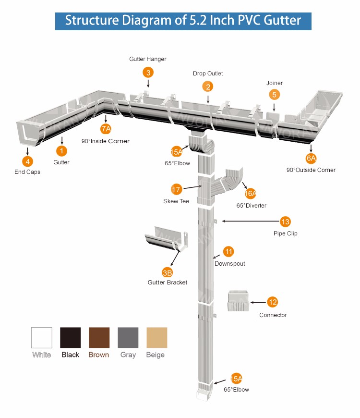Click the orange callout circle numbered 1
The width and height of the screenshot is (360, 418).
point(62,150)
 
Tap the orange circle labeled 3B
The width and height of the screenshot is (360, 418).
point(168,273)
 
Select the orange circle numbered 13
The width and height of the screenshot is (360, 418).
point(286,221)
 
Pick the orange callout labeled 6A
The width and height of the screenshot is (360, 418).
point(312,158)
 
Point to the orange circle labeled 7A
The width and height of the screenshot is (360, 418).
point(106,129)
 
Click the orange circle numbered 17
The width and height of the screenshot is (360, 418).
point(176,189)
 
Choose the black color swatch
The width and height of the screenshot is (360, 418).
point(70,338)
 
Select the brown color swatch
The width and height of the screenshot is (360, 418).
point(99,338)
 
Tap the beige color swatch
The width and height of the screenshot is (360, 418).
point(156,338)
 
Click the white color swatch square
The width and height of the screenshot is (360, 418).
point(41,338)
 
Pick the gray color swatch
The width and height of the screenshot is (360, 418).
point(128,338)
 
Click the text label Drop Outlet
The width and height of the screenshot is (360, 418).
point(208,74)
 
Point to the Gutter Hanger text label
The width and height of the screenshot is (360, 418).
point(148,59)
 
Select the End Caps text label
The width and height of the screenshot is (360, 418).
point(27,172)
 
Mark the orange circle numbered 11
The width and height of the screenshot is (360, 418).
point(228,251)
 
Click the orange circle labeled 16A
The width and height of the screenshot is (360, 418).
point(251,194)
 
